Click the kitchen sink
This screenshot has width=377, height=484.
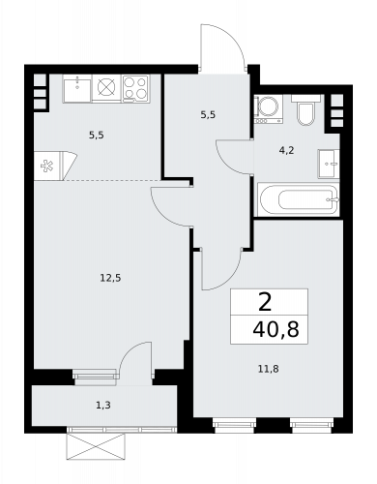[x=77, y=89]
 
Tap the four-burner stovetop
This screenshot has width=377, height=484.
[x=135, y=88]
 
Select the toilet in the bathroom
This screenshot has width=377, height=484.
[x=305, y=109]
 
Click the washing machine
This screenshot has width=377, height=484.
[x=268, y=108]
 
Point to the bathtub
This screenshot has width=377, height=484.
[x=299, y=199]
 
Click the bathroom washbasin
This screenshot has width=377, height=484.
[x=329, y=164]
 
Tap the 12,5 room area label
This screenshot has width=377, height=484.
[x=110, y=278]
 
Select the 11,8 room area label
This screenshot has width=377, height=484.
[x=269, y=369]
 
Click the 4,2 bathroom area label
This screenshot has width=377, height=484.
[x=287, y=150]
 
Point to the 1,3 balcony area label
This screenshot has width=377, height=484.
[x=103, y=405]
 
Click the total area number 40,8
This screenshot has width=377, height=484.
[x=276, y=330]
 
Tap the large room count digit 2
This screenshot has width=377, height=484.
[x=265, y=303]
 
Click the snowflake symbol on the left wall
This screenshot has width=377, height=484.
[x=47, y=166]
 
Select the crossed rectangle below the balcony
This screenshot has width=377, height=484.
[x=96, y=447]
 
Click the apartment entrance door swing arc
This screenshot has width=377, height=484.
[x=232, y=36]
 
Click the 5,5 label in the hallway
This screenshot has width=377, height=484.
[x=208, y=114]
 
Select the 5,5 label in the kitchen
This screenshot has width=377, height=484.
[x=97, y=136]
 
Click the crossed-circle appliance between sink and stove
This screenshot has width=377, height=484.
[x=106, y=87]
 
